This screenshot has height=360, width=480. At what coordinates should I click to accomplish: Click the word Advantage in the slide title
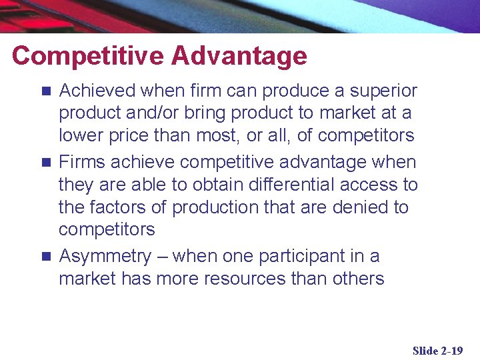239,56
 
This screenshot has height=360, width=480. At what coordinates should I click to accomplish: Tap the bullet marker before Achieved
45,91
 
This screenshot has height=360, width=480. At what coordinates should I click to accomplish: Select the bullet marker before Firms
45,163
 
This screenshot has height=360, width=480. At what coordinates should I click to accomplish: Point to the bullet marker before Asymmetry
45,257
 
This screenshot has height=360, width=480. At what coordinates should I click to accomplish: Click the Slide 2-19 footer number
437,350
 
